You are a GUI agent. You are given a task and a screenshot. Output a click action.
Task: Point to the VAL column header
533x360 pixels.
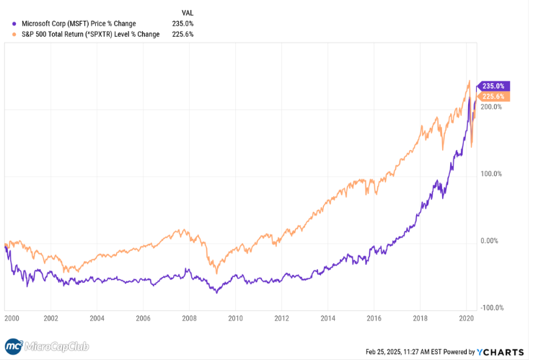(187, 12)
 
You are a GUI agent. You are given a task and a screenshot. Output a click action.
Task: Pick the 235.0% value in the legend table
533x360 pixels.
(184, 23)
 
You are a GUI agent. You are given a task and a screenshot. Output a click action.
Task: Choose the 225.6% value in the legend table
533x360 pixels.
(184, 34)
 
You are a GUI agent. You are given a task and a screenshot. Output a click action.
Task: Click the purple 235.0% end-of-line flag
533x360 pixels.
(495, 86)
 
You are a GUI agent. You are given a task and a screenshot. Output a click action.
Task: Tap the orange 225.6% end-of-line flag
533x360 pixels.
(495, 97)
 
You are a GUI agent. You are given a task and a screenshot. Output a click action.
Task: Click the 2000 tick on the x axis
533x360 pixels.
(11, 317)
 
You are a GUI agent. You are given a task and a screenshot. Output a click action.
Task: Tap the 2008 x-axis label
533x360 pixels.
(189, 317)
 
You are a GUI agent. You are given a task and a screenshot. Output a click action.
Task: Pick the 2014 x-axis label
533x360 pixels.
(327, 317)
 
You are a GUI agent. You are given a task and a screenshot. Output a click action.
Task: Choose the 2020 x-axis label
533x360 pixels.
(466, 317)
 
